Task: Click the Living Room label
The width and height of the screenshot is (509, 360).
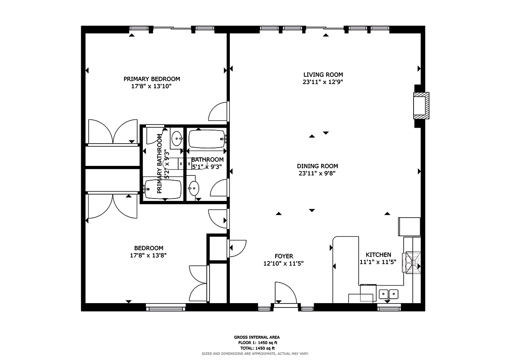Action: tap(323, 74)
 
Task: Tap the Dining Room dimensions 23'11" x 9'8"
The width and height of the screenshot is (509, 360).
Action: tap(317, 173)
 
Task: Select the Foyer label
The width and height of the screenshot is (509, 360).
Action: tap(284, 256)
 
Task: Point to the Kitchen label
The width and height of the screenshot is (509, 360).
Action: tap(378, 255)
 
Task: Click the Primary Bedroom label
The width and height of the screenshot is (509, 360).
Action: tap(152, 79)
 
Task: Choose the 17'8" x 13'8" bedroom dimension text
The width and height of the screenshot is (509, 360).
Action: tap(148, 255)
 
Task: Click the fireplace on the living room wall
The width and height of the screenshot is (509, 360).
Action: tap(421, 105)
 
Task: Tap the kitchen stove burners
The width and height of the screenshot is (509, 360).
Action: tap(413, 263)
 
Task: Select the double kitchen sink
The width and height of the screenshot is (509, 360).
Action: tap(389, 294)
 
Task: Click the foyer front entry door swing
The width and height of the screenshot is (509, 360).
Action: tap(286, 292)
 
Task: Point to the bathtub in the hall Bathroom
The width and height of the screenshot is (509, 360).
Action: tap(207, 139)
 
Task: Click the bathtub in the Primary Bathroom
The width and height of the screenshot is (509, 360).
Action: tap(163, 189)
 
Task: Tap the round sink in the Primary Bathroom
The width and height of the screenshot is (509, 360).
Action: tap(177, 138)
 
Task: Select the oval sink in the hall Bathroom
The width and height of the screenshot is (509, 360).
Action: tap(194, 188)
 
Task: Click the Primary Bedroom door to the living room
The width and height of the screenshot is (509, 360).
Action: tap(218, 112)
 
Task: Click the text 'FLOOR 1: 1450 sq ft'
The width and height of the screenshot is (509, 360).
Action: tap(258, 343)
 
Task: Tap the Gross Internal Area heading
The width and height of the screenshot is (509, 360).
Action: tap(257, 337)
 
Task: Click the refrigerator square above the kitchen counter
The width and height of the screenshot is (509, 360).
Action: tap(409, 227)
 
